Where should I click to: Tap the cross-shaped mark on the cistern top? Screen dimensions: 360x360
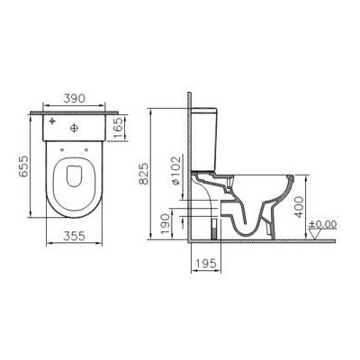point(53,120)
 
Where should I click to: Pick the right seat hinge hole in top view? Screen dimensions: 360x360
point(89,148)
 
